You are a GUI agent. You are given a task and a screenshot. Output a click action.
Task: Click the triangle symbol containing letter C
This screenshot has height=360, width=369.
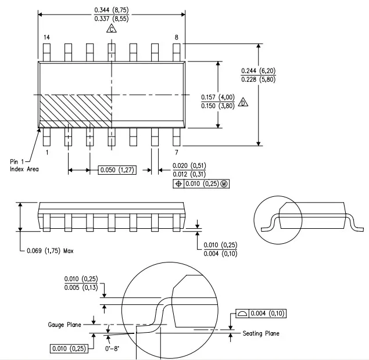pyautogui.click(x=112, y=28)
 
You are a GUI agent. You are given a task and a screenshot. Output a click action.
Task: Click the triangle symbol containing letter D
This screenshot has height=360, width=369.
pyautogui.click(x=243, y=102)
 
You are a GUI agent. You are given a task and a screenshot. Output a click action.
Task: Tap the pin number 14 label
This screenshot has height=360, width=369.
pyautogui.click(x=46, y=37)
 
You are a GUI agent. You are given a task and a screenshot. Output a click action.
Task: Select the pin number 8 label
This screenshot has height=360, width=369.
pyautogui.click(x=177, y=37)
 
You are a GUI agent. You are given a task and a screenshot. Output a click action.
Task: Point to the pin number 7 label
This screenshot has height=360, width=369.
pyautogui.click(x=177, y=152)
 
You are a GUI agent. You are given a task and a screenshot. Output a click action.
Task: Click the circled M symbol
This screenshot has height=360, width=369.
pyautogui.click(x=224, y=183)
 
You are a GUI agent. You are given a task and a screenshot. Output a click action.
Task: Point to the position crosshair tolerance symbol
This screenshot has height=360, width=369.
pyautogui.click(x=178, y=183)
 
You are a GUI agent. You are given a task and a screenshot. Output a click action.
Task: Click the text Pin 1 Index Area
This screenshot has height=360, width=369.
pyautogui.click(x=24, y=165)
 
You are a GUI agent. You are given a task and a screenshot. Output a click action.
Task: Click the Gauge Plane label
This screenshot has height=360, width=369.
pyautogui.click(x=65, y=325)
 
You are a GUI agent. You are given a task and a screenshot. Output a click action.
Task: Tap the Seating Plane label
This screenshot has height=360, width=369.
pyautogui.click(x=261, y=333)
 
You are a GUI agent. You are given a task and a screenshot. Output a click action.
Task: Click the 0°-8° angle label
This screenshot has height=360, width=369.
pyautogui.click(x=112, y=348)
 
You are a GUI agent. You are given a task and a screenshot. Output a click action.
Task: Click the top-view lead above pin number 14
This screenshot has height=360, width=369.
pyautogui.click(x=46, y=52)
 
